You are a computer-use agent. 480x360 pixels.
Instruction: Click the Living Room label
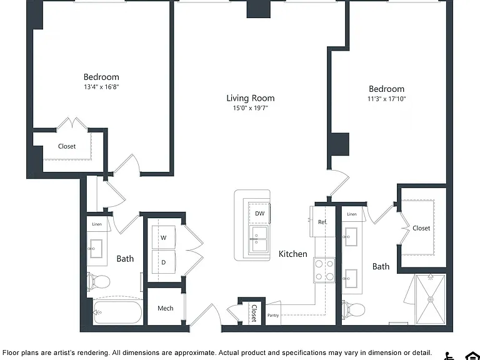pos(251,98)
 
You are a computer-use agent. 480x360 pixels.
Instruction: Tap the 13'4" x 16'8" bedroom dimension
pos(101,87)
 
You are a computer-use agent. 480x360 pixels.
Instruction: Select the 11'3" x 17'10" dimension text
pos(387,99)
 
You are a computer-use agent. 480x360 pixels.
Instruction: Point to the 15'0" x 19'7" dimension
pos(251,107)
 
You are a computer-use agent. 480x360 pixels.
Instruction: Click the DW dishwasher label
pos(259,213)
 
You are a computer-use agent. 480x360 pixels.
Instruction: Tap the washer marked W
pos(164,237)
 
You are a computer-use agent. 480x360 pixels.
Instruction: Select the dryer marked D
pos(164,262)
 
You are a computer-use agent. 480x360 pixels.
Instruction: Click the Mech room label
pos(165,308)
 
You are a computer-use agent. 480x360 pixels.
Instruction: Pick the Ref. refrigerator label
pos(322,222)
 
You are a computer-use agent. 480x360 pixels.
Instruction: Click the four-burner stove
pos(324,271)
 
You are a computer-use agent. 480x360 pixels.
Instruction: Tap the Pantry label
pos(273,315)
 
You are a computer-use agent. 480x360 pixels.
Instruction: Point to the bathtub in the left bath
pos(118,312)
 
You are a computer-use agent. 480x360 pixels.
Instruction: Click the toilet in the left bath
pos(98,281)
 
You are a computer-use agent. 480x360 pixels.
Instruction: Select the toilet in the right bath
pos(353,309)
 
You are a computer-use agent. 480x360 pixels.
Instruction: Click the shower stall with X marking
pos(430,299)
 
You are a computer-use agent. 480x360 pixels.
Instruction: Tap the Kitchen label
pos(292,254)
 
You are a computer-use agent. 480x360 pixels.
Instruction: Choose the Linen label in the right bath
pos(352,214)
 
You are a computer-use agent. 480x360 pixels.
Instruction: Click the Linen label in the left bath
pos(97,224)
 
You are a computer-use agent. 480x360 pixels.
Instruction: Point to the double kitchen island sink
pos(258,240)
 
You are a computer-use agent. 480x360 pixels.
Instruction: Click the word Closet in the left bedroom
pos(67,146)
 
